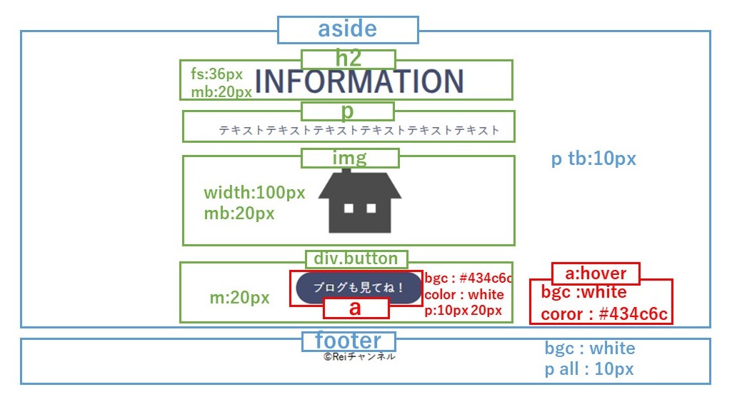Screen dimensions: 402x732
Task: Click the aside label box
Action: coord(347,30)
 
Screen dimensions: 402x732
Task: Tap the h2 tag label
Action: coord(348,59)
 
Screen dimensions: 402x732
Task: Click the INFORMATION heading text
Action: coord(359,81)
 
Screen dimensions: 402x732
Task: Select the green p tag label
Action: coord(347,111)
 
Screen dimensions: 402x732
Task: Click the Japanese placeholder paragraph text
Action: coord(359,131)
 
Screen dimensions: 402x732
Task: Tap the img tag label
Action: coord(349,158)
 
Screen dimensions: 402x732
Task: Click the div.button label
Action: coord(356,258)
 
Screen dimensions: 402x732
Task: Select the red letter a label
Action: coord(356,308)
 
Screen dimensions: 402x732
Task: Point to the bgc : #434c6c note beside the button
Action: coord(468,278)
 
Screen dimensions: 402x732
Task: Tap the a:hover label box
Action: coord(595,273)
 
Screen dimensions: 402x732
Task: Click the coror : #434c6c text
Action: coord(603,314)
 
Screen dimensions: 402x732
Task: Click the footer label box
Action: coord(349,341)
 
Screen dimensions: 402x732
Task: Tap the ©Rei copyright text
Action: coord(359,356)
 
